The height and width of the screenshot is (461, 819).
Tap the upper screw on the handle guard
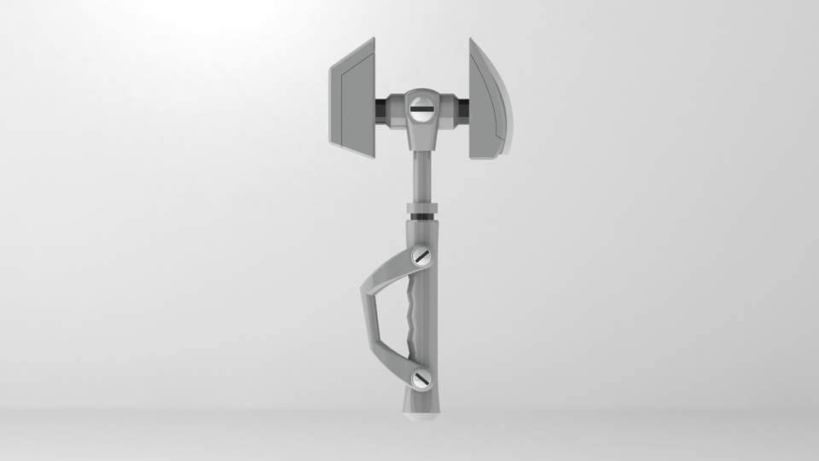[x=421, y=255]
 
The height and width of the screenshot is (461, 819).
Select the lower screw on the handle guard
[x=420, y=379]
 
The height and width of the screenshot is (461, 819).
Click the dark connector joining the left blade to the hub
[x=381, y=109]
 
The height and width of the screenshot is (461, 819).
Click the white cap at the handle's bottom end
[x=421, y=418]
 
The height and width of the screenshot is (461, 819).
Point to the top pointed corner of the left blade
[x=372, y=40]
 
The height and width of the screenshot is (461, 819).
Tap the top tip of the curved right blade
[x=471, y=40]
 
